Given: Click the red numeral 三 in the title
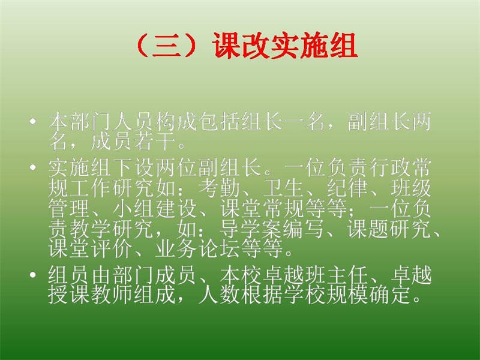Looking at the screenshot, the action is [166, 46].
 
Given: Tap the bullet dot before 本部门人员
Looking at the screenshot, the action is [32, 122].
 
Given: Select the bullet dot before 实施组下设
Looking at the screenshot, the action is [32, 167].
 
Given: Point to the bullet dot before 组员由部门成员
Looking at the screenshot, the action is [32, 275].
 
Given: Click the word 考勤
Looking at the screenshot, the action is [220, 188].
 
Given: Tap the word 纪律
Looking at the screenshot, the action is [347, 188].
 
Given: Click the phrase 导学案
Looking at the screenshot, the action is [251, 229].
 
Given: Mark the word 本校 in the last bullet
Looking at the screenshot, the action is [241, 275].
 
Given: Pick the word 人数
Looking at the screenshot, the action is [220, 295].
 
